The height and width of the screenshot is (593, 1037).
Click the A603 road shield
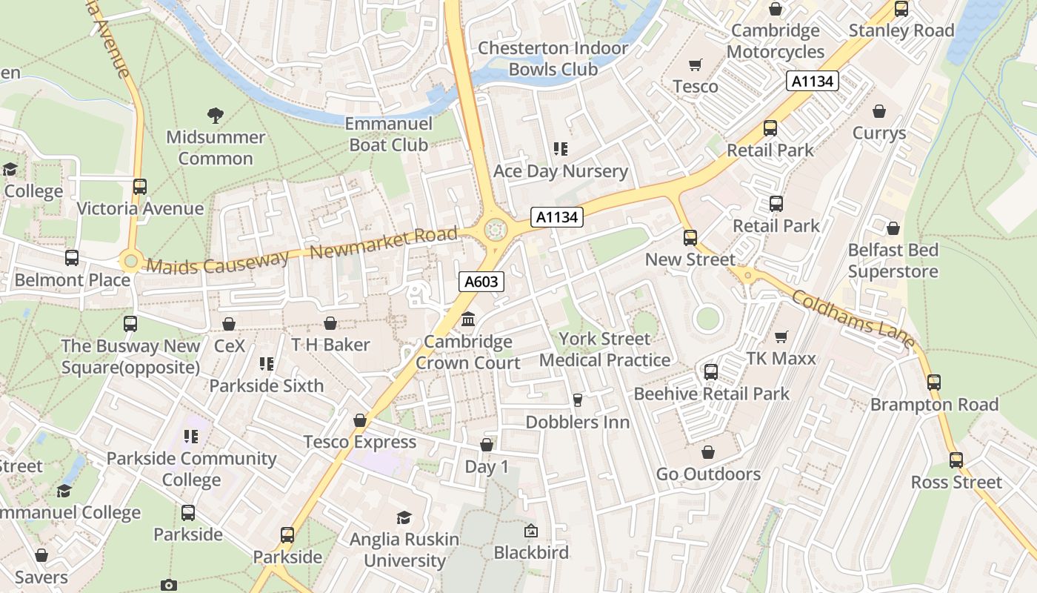481,282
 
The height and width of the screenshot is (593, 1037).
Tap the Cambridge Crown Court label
468,352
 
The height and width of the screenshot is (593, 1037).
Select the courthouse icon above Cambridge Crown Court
468,319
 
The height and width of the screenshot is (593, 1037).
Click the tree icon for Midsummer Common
216,115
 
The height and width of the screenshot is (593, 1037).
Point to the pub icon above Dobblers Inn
578,400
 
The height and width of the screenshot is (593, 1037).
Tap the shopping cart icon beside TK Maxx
781,337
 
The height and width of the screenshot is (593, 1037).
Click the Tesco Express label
360,442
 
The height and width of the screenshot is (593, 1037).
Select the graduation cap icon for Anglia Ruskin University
404,517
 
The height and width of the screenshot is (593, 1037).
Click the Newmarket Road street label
384,243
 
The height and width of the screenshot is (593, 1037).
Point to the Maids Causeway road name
218,262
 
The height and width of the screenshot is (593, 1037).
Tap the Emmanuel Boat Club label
388,134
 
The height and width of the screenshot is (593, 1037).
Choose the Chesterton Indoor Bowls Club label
553,59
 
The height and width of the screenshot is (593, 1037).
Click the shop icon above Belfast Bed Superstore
893,228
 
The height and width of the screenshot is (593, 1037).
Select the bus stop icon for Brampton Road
934,382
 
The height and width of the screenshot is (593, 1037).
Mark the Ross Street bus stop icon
956,460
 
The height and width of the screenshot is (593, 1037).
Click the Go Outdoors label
708,474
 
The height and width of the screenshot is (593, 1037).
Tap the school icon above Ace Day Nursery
561,149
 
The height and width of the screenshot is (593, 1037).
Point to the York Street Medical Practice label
604,349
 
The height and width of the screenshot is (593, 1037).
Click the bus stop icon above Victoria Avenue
140,186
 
